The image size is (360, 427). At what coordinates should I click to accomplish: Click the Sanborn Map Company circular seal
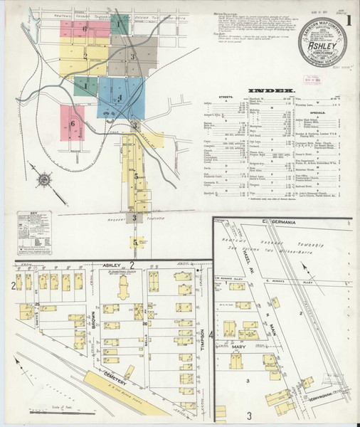coord(319,44)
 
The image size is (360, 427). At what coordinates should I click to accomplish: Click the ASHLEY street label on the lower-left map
coord(113,263)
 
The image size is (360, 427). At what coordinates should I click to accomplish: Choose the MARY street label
coord(238,348)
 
